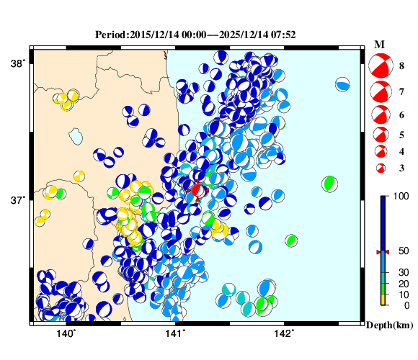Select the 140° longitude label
[x=66, y=333]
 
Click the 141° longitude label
[x=175, y=333]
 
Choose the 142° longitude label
[x=284, y=333]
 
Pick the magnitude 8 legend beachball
[x=379, y=66]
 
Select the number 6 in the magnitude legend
[x=401, y=114]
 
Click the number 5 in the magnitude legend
[x=401, y=134]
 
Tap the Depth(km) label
[x=389, y=325]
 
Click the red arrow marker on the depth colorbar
[x=383, y=251]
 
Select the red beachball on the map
[x=197, y=190]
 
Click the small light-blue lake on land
[x=75, y=135]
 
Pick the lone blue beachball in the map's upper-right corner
[x=342, y=85]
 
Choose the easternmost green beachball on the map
[x=329, y=183]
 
